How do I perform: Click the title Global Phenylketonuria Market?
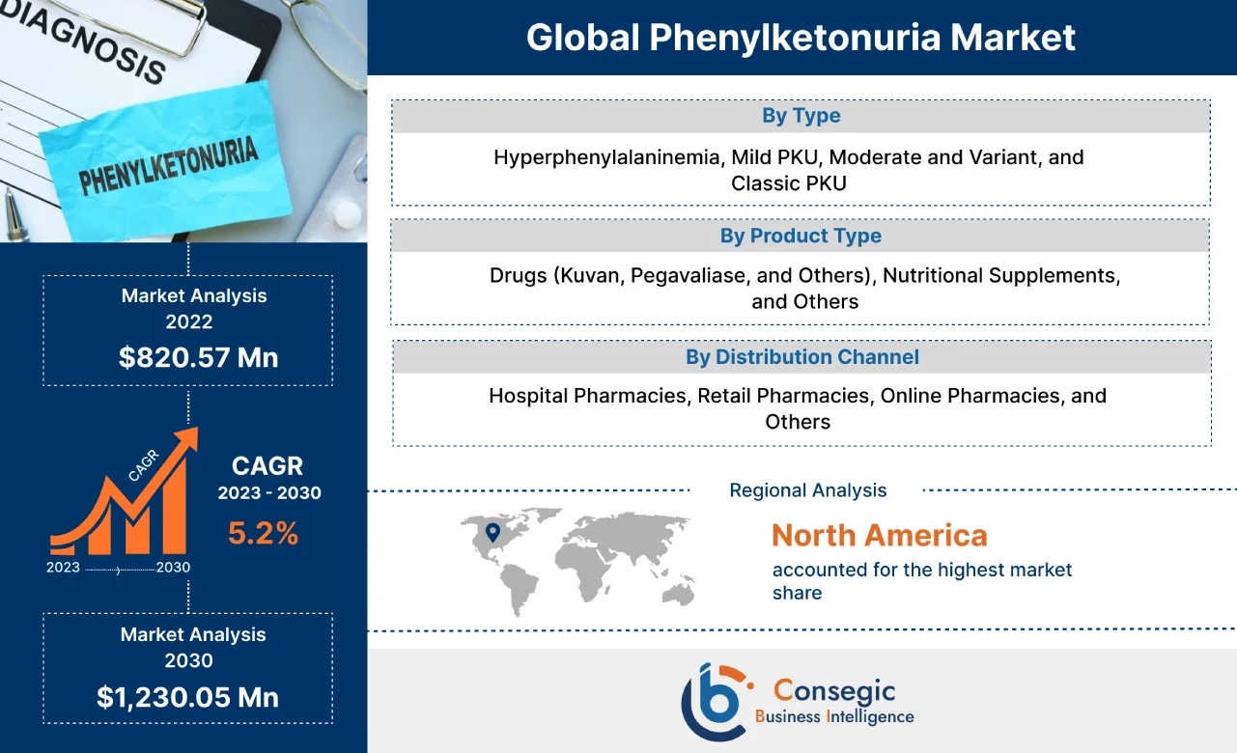[x=801, y=38]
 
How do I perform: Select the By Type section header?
[x=801, y=116]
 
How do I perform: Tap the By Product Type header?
[x=801, y=236]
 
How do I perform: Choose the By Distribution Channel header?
[x=801, y=357]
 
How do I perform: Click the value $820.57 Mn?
[x=198, y=357]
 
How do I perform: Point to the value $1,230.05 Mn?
[x=187, y=697]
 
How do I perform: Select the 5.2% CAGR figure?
[x=263, y=533]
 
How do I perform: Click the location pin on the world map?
[x=492, y=531]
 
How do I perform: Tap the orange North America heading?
[x=879, y=535]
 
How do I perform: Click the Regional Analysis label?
[x=807, y=490]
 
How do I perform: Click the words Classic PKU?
[x=788, y=183]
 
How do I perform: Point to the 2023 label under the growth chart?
[x=63, y=568]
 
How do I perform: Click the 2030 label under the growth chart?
[x=173, y=568]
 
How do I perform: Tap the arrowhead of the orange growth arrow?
[x=189, y=437]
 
